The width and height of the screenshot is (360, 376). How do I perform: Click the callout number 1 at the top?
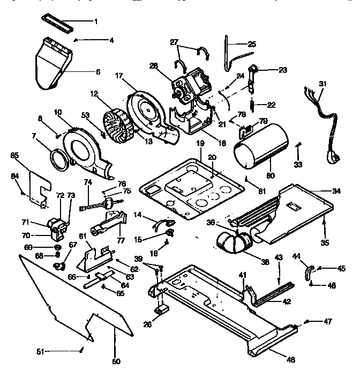tap(96, 21)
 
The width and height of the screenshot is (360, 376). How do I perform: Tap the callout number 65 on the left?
tap(14, 155)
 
